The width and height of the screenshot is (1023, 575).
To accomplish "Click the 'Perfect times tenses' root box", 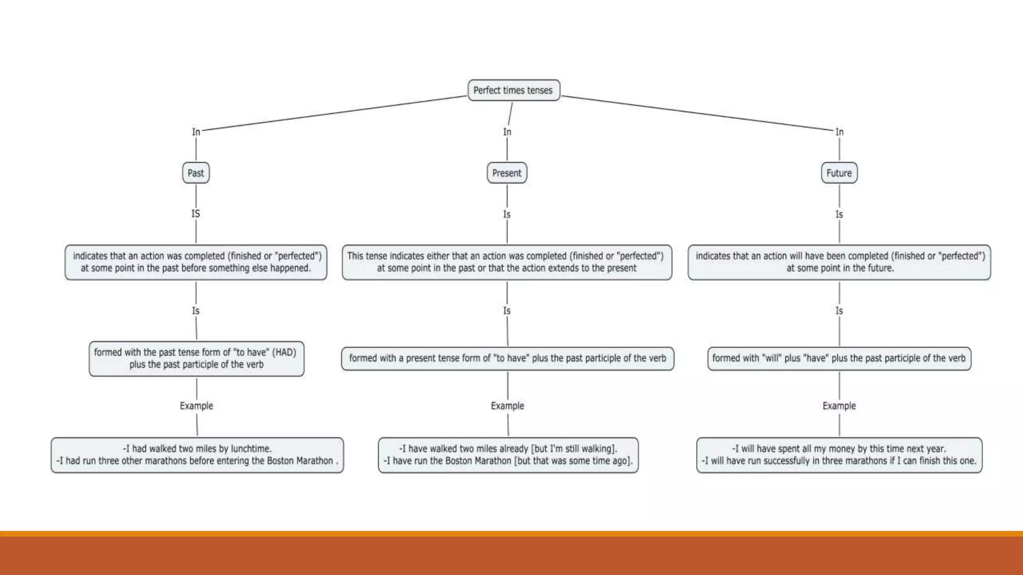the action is click(x=513, y=90).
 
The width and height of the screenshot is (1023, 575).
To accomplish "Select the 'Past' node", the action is click(x=196, y=173).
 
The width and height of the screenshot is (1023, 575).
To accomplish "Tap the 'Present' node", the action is click(x=507, y=173).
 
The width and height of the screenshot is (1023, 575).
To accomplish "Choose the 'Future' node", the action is click(x=839, y=173).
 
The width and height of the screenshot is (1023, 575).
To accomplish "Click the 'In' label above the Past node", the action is click(x=196, y=132).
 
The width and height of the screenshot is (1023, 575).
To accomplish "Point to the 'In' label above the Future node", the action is click(x=840, y=132).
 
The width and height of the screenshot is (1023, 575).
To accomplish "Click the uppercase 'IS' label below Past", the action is click(x=196, y=214).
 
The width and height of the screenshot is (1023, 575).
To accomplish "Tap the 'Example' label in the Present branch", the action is click(x=508, y=406).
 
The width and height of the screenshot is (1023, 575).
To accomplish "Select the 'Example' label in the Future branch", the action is click(x=839, y=406).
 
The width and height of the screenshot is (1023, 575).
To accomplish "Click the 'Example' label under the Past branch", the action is click(x=196, y=406).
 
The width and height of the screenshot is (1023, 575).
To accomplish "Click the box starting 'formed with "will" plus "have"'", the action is click(x=839, y=358).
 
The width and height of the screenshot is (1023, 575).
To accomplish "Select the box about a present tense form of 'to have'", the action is click(x=508, y=358).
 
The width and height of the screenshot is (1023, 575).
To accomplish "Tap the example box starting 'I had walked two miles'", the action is click(x=197, y=455).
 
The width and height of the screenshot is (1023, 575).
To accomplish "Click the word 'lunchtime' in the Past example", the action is click(x=250, y=449).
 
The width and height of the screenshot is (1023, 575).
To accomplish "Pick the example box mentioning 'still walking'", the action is click(x=508, y=455).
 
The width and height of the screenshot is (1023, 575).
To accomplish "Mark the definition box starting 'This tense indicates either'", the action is click(x=507, y=262).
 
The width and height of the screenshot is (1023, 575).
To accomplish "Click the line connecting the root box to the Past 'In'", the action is click(x=335, y=113).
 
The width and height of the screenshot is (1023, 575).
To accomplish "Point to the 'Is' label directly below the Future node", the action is click(x=839, y=214).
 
